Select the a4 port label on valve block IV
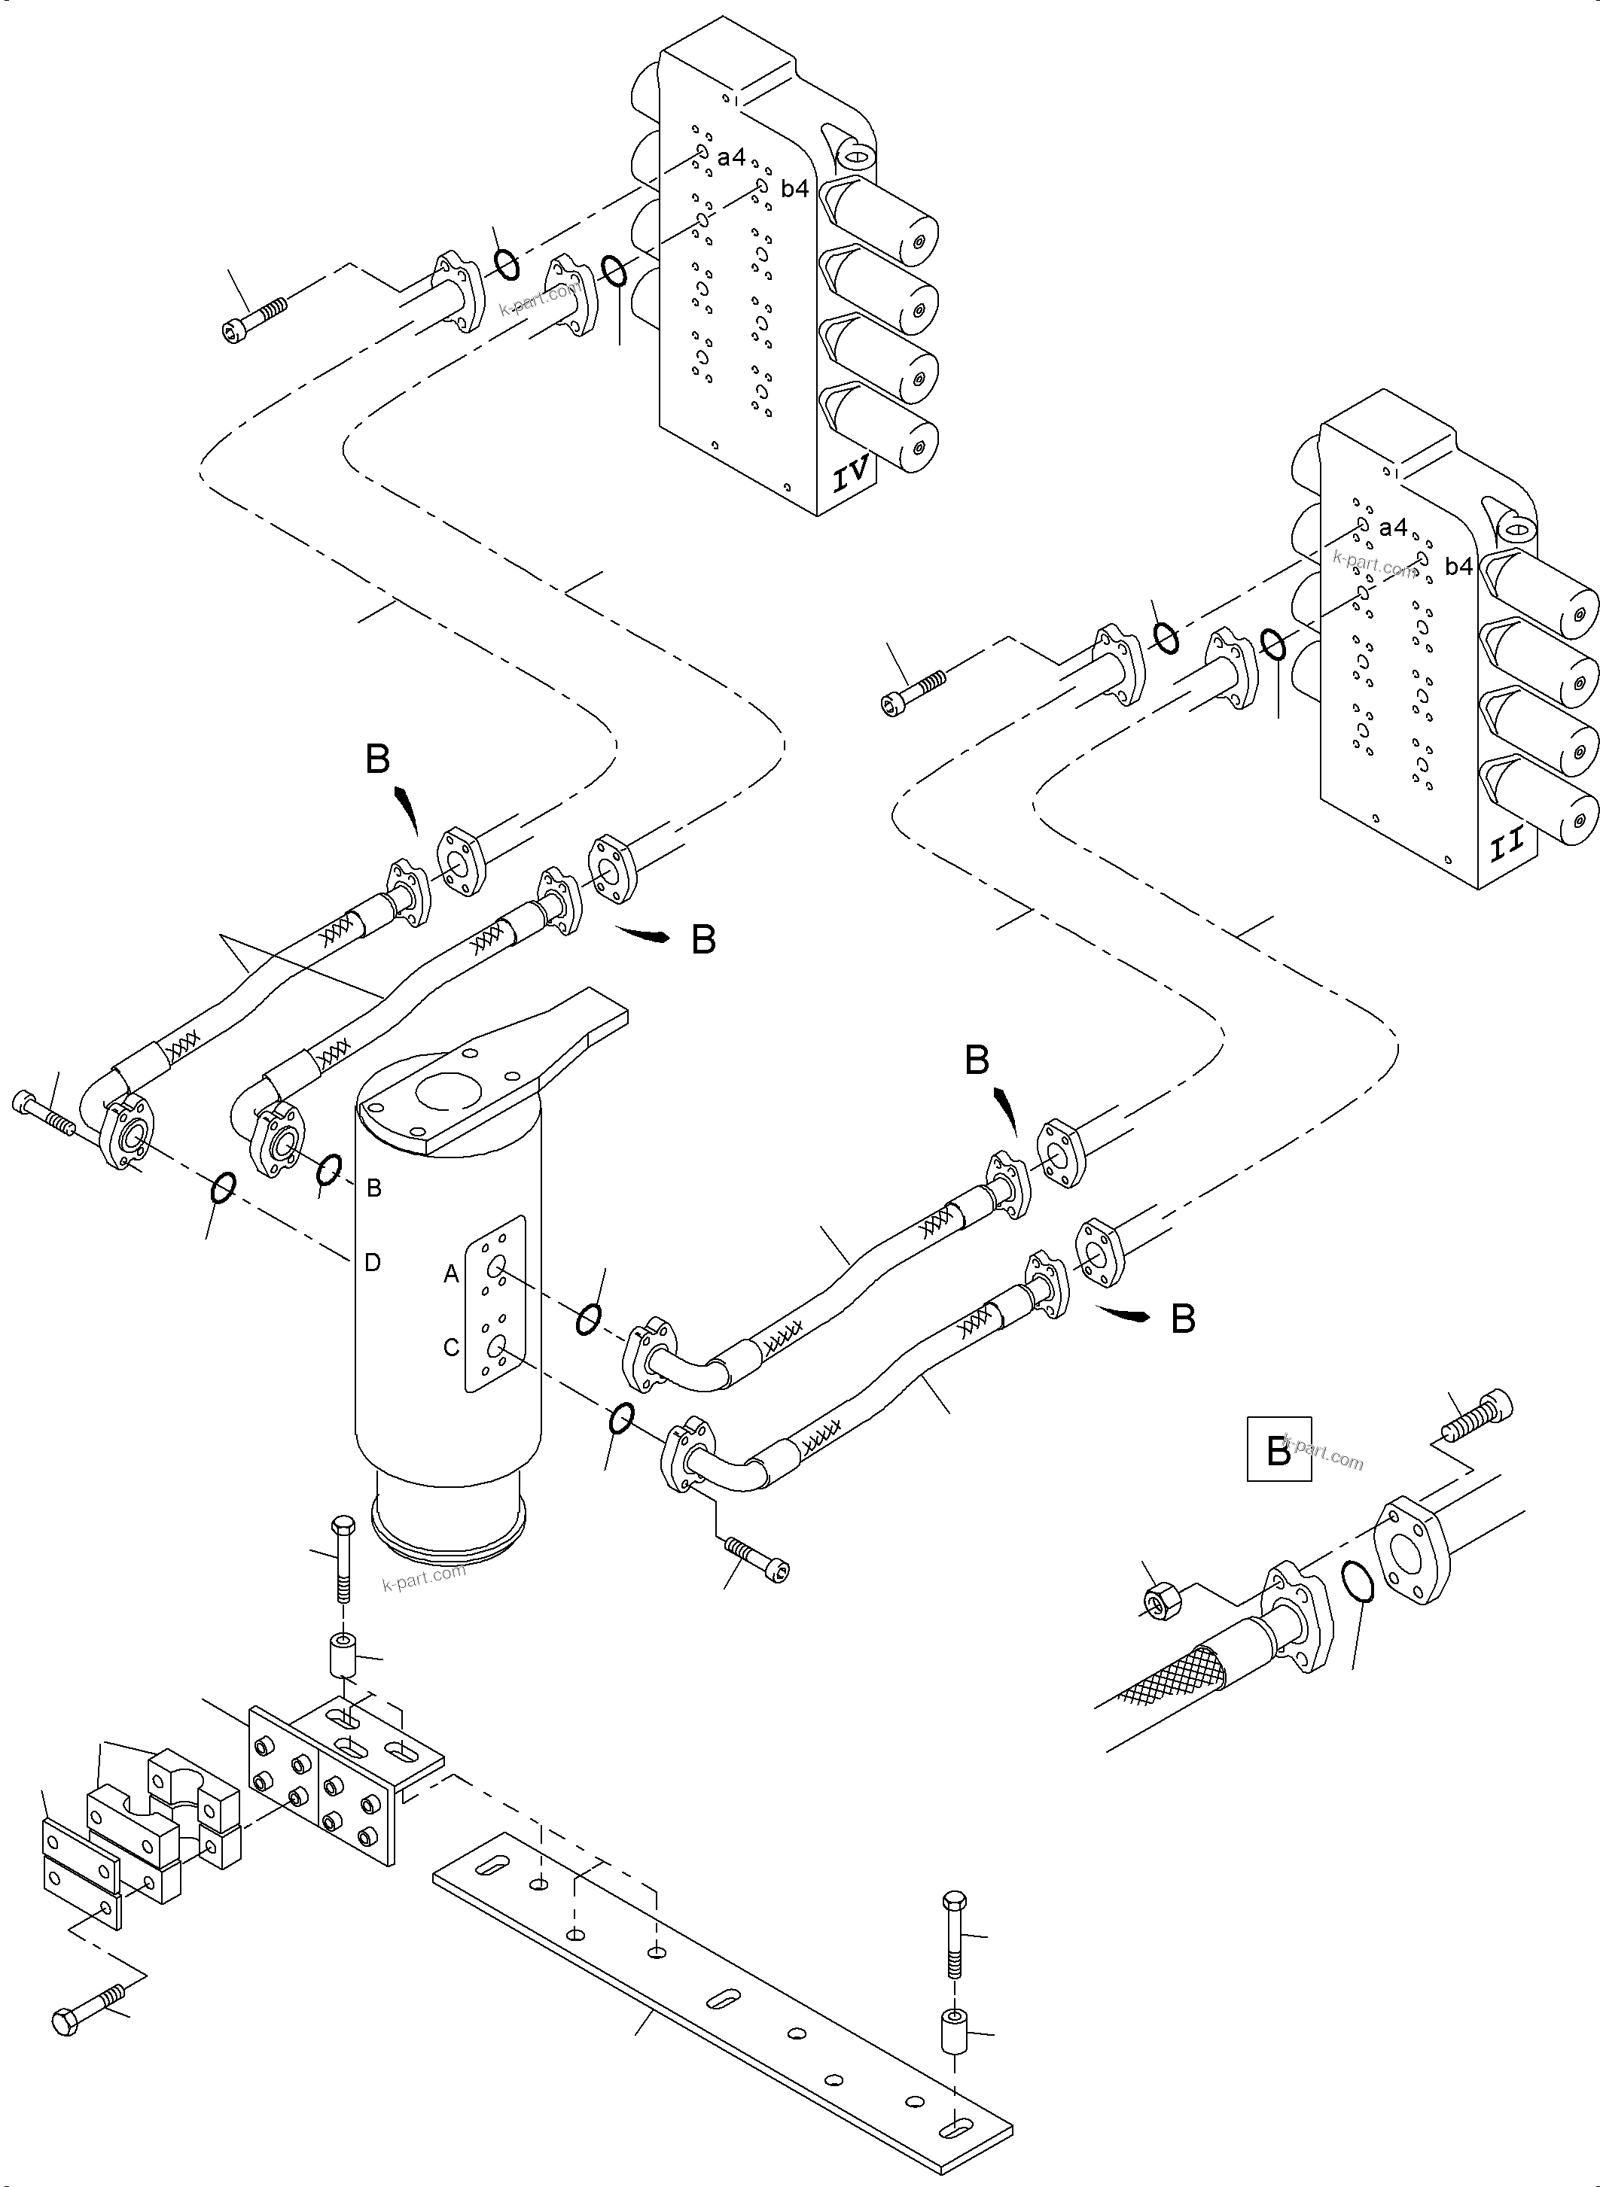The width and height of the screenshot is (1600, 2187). point(731,157)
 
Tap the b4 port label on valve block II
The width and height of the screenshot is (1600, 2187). point(1458,567)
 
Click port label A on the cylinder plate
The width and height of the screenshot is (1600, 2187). point(451,1275)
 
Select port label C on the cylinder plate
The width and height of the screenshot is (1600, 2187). point(451,1348)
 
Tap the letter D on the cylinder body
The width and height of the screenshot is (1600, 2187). point(372,1262)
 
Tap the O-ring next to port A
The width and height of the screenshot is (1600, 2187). point(589,1318)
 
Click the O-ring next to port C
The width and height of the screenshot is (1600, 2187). point(621,1419)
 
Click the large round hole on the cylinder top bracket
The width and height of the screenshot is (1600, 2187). point(443,1094)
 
